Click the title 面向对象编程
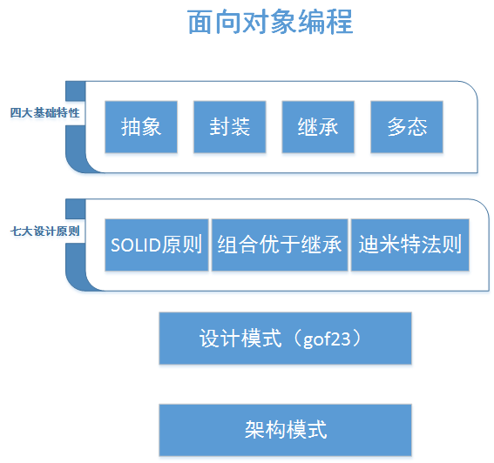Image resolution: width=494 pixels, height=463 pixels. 270,23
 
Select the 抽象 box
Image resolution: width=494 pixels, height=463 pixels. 140,127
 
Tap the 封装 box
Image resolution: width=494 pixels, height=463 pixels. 229,127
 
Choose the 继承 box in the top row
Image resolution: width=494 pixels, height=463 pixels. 318,127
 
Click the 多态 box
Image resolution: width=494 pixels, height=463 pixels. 407,127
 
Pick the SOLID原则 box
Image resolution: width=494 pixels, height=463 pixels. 157,245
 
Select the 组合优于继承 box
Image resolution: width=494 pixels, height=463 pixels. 280,245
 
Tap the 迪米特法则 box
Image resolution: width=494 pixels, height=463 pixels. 409,245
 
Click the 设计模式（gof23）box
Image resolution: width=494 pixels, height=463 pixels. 285,339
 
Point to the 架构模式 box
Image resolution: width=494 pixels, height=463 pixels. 285,429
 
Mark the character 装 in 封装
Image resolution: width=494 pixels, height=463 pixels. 240,127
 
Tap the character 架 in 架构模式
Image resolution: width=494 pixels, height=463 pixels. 254,429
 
